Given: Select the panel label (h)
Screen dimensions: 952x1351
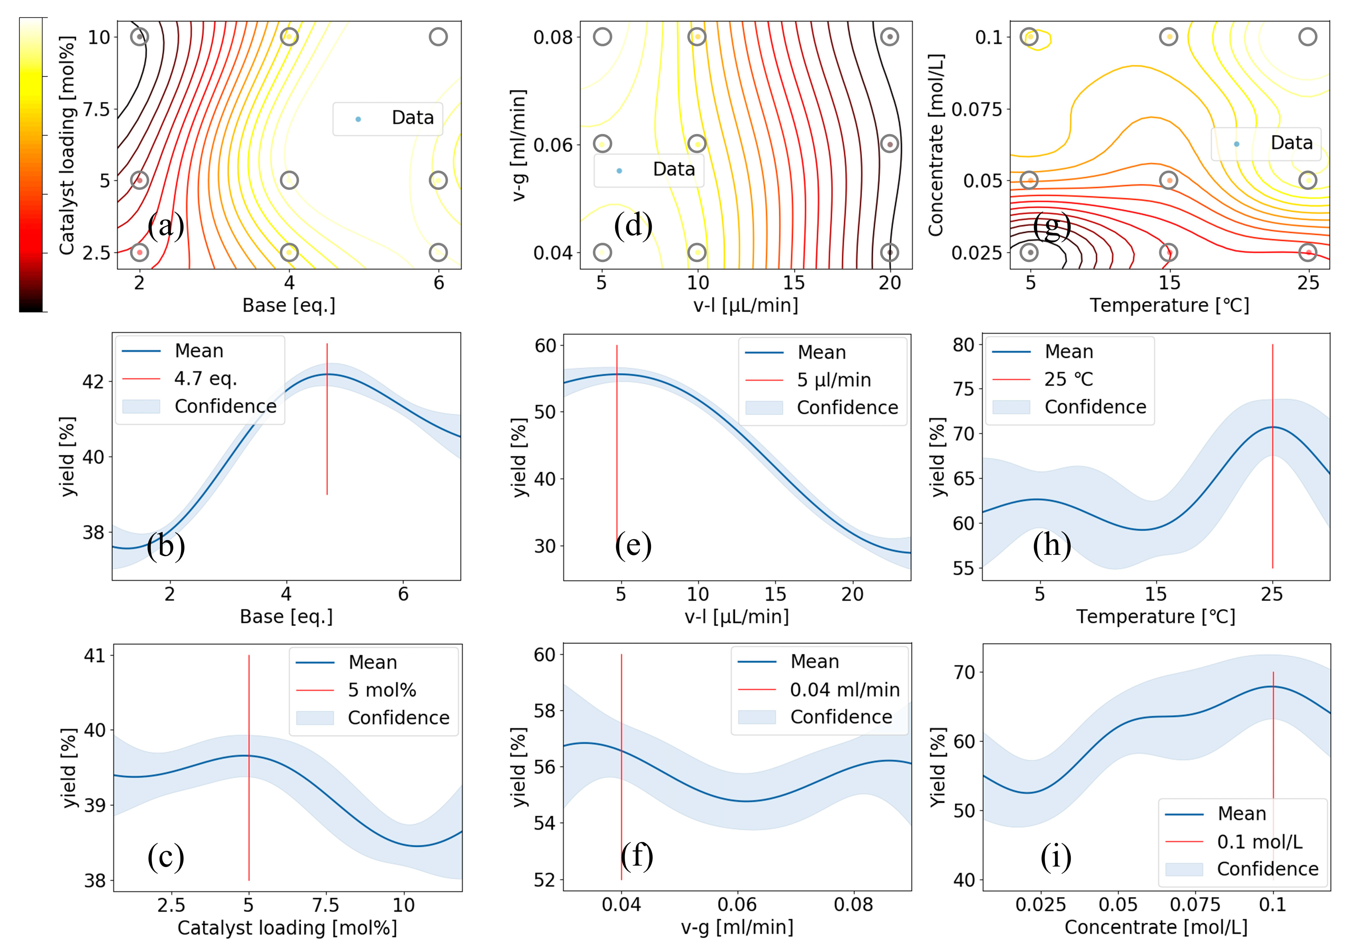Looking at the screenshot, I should tap(1051, 545).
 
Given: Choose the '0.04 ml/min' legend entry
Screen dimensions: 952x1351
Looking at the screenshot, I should tap(844, 689).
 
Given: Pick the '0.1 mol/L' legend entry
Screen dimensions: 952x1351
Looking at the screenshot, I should tap(1260, 842).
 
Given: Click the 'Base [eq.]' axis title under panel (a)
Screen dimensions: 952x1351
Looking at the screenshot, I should tap(289, 305).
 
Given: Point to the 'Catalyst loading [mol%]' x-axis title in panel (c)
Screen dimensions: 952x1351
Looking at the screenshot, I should tap(287, 928).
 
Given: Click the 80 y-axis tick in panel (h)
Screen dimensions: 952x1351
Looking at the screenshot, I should tap(963, 345).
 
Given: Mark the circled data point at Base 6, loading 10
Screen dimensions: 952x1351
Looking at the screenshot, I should tap(438, 37).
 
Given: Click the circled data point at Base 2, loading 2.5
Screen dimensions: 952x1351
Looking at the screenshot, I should tap(140, 253).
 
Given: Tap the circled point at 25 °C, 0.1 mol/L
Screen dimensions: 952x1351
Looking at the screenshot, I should tap(1307, 37).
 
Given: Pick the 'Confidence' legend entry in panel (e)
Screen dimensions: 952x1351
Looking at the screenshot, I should tap(847, 408).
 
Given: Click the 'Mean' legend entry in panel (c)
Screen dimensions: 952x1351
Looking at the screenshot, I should tap(373, 662).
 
